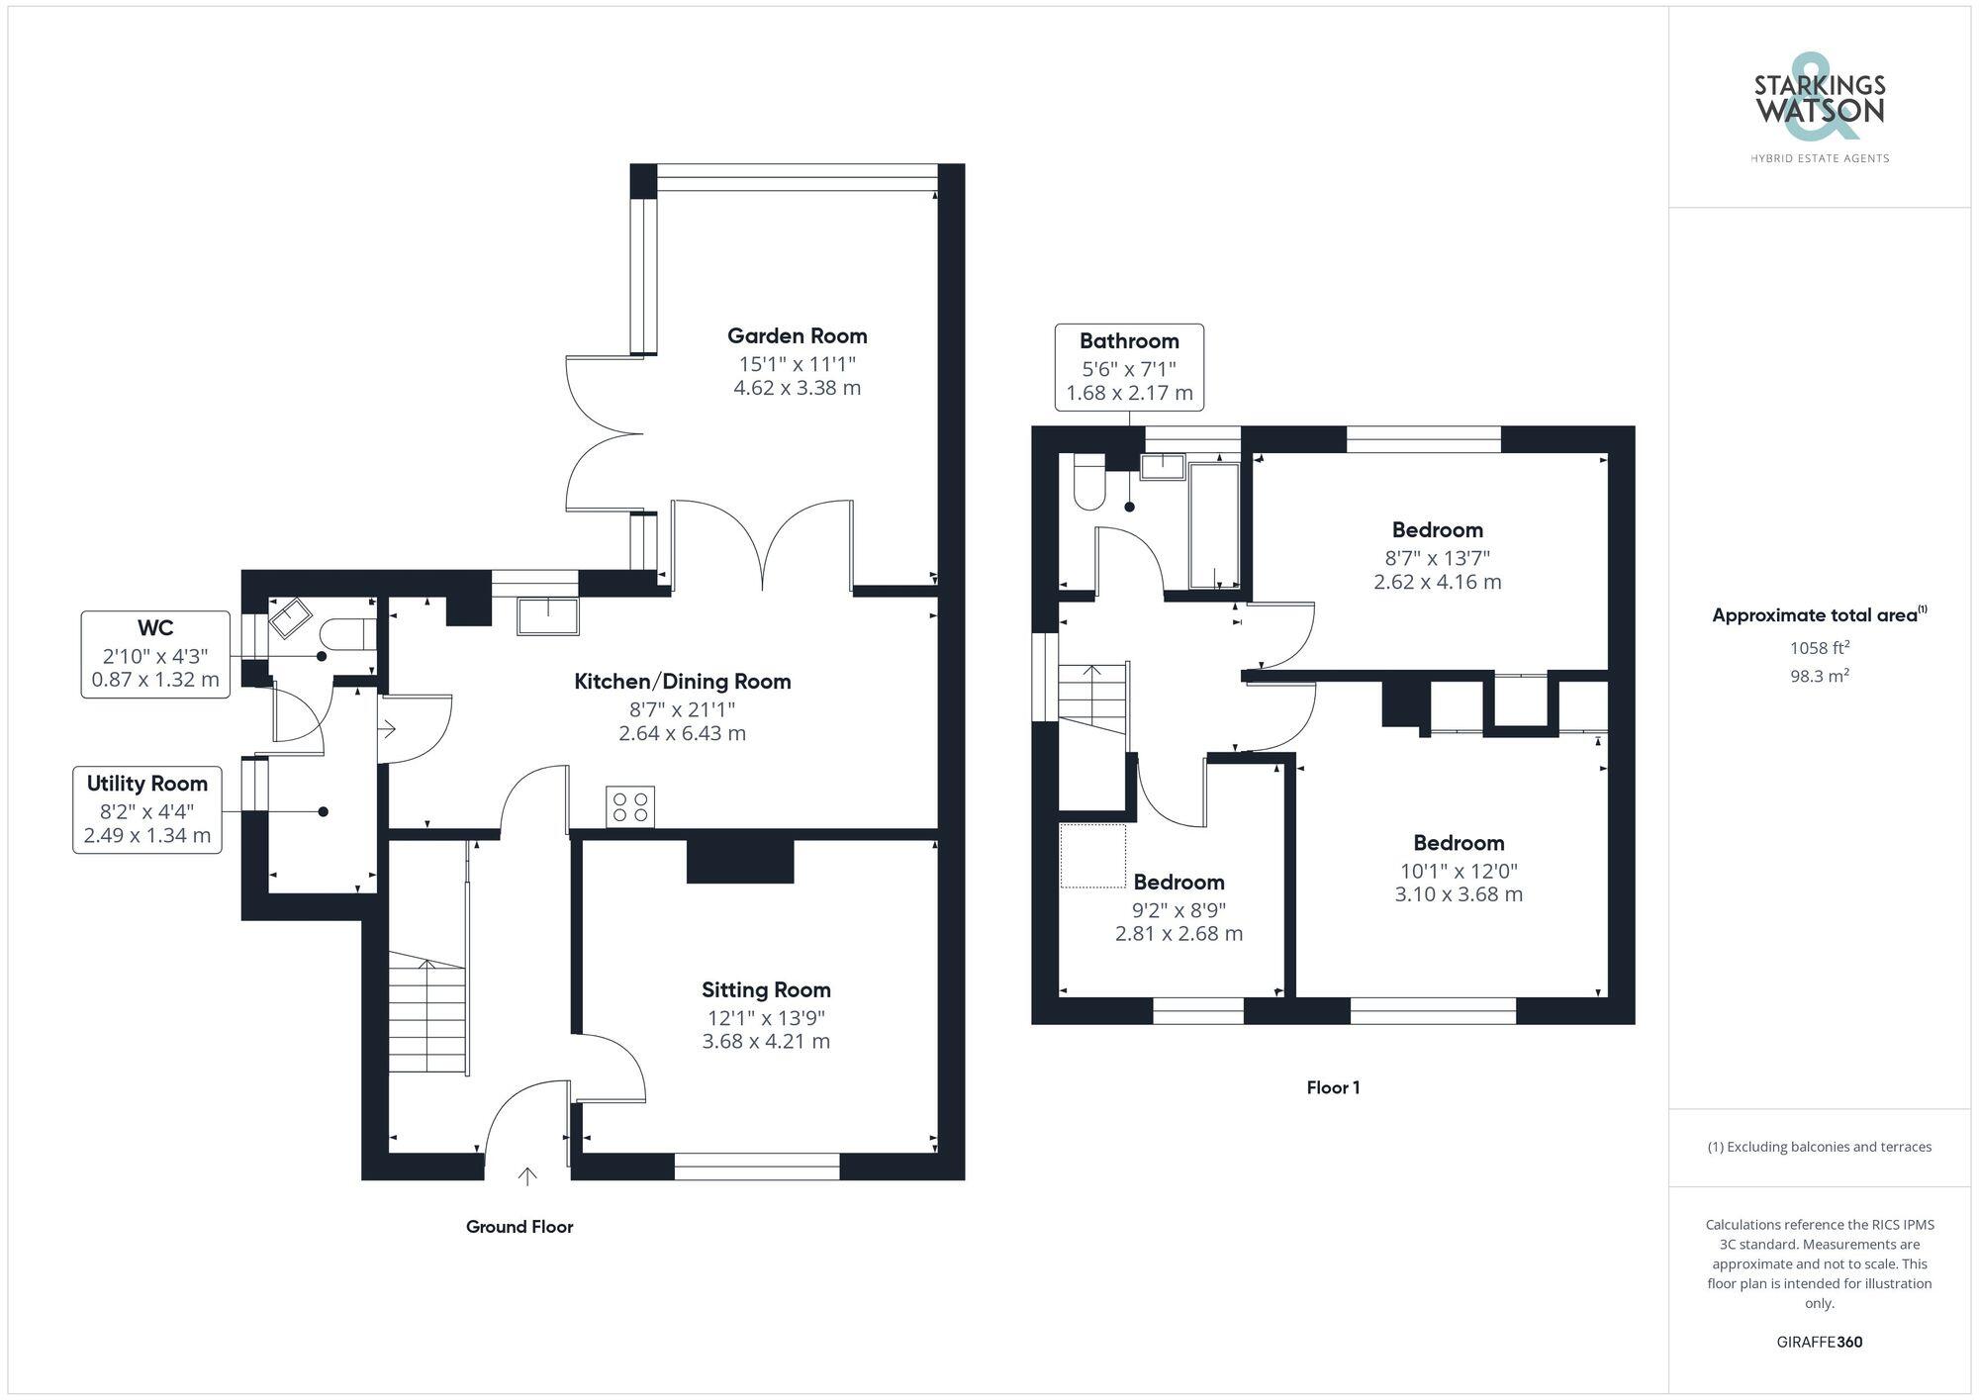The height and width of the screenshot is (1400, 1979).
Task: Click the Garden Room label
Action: tap(797, 335)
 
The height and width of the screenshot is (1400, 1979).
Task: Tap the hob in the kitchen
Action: tap(630, 806)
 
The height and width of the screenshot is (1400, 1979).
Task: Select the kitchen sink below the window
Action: tap(547, 615)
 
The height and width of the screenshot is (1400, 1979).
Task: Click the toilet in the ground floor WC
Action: tap(346, 633)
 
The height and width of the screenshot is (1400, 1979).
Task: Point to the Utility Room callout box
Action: tap(146, 810)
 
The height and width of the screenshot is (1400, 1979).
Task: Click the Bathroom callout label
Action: tap(1129, 341)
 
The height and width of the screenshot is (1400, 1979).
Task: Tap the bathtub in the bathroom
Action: tap(1213, 524)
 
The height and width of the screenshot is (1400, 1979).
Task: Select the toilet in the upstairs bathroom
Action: tap(1088, 484)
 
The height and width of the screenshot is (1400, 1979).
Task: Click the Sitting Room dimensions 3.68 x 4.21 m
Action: tap(766, 1041)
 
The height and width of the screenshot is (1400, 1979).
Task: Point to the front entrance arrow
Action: tap(527, 1175)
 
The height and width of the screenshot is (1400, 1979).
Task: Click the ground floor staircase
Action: tap(426, 1013)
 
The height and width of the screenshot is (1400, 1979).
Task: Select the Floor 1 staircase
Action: tap(1092, 698)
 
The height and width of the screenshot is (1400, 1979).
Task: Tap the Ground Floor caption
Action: tap(519, 1227)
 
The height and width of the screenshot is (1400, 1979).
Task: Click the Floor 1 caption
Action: tap(1333, 1087)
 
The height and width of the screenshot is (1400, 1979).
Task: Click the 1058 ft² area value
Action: tap(1819, 648)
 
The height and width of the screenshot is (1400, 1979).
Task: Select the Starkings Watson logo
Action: tap(1819, 109)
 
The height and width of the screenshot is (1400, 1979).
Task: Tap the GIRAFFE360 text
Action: tap(1819, 1342)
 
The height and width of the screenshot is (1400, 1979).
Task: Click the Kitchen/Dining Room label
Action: tap(682, 681)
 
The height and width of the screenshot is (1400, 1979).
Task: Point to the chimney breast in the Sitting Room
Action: tap(740, 861)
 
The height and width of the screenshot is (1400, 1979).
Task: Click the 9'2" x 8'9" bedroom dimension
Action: tap(1178, 909)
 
